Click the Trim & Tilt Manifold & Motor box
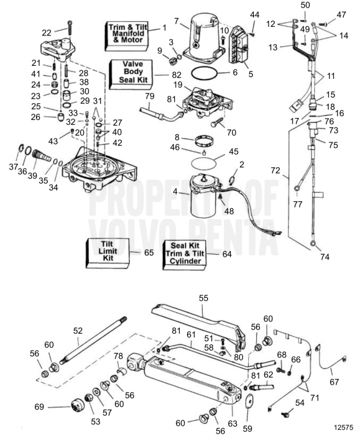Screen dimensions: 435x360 [x=124, y=32]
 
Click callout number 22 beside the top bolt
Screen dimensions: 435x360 [x=47, y=32]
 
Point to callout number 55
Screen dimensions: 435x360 [x=203, y=298]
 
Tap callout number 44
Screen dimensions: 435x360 [x=255, y=15]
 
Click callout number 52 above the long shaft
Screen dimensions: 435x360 [x=78, y=331]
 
